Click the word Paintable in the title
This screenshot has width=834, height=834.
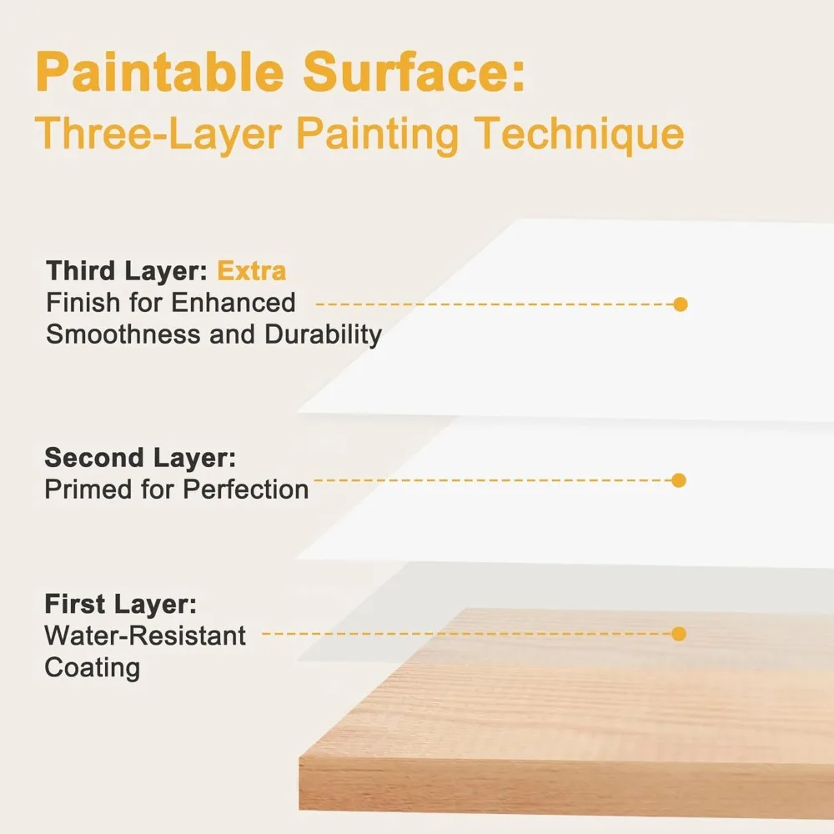(x=160, y=71)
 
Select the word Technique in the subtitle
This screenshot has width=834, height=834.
(x=579, y=135)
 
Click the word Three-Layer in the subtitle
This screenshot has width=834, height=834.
(x=158, y=134)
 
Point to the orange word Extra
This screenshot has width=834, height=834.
(x=252, y=271)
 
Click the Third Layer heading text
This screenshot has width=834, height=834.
(x=127, y=271)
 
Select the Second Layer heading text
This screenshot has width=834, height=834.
(x=140, y=457)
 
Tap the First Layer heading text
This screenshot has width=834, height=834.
(x=121, y=604)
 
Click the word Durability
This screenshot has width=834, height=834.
(x=324, y=335)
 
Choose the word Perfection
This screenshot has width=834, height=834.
(x=246, y=490)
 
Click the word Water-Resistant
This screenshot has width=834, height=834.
(x=145, y=636)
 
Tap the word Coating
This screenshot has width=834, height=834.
(x=93, y=668)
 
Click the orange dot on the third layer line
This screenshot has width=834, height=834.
(x=681, y=304)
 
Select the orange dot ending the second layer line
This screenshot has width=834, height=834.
(x=679, y=480)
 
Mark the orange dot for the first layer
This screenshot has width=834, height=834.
(x=679, y=634)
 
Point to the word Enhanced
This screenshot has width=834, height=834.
(x=233, y=303)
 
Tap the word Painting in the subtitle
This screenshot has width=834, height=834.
(x=377, y=135)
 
